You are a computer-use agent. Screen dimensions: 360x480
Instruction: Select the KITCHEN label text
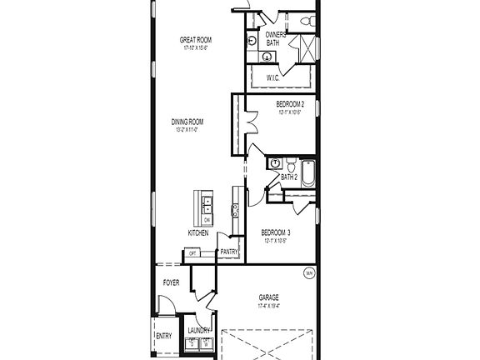[x=198, y=232]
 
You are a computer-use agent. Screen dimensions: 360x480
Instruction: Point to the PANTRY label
[x=229, y=251]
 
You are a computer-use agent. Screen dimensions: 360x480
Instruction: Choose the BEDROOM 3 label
[x=276, y=232]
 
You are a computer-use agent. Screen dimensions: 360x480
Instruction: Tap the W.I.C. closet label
[x=272, y=77]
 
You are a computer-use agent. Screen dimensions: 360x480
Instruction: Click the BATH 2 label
[x=288, y=177]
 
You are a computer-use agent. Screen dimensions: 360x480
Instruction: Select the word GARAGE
[x=268, y=297]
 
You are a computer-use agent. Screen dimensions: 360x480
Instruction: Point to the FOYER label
[x=170, y=282]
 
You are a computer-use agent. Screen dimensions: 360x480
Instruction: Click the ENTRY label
[x=163, y=336]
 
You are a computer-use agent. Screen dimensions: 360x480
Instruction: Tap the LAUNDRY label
[x=199, y=330]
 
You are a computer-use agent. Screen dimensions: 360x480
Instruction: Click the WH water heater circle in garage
[x=309, y=272]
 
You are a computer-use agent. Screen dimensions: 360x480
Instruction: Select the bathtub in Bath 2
[x=307, y=172]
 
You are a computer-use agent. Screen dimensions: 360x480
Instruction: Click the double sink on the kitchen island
[x=206, y=204]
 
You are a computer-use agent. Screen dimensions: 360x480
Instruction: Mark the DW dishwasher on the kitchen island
[x=207, y=219]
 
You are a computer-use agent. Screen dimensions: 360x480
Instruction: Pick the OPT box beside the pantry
[x=192, y=253]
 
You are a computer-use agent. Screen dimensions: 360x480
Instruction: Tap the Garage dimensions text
[x=268, y=306]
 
